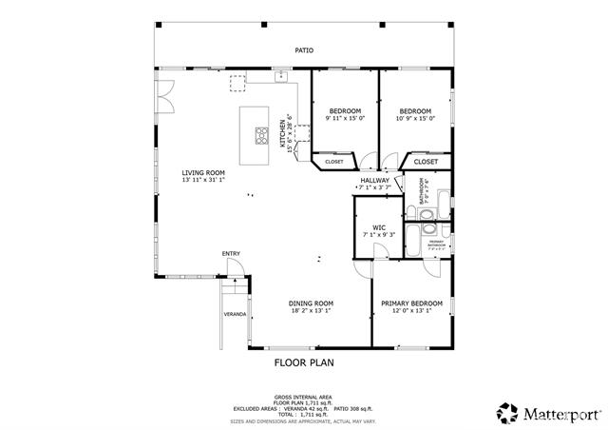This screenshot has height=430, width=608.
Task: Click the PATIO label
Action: point(303,50)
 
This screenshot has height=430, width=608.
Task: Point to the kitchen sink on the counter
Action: point(282,78)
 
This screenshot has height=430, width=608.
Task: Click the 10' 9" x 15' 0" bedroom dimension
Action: point(415,119)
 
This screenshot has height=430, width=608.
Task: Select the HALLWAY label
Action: point(374,179)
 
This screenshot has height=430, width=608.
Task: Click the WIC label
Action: point(378,227)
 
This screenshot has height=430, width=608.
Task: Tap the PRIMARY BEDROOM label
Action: point(412,303)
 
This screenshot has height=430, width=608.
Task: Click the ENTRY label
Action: point(231,253)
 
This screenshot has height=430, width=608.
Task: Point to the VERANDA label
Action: point(234,314)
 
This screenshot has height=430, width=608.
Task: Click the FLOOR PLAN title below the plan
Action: point(304,362)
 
